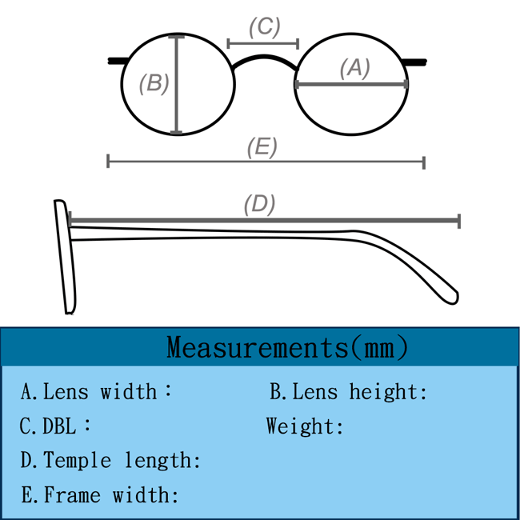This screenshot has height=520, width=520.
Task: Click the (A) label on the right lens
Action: pyautogui.click(x=355, y=69)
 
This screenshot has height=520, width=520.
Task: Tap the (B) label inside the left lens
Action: pyautogui.click(x=154, y=83)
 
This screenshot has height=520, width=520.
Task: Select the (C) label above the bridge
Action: pyautogui.click(x=264, y=27)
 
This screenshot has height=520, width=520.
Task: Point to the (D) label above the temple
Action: pyautogui.click(x=259, y=205)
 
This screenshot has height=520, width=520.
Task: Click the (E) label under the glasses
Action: pyautogui.click(x=262, y=147)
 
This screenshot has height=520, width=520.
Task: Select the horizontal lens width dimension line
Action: pyautogui.click(x=351, y=84)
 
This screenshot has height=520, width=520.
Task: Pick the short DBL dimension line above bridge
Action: pyautogui.click(x=263, y=43)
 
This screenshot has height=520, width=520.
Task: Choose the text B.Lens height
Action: pyautogui.click(x=349, y=392)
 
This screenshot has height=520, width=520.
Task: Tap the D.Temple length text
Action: pyautogui.click(x=110, y=461)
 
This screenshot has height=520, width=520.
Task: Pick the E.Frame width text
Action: pyautogui.click(x=100, y=495)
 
